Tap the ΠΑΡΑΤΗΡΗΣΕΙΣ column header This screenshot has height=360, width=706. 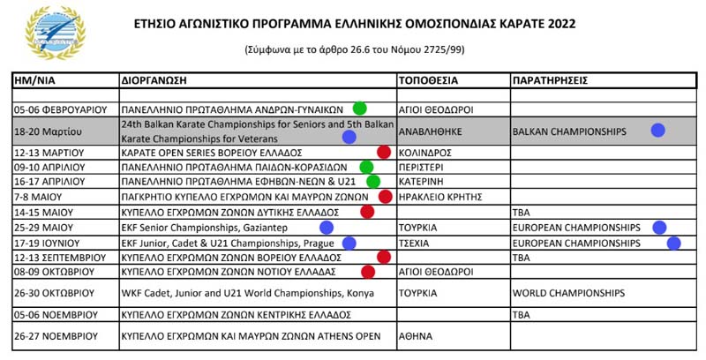[549, 80]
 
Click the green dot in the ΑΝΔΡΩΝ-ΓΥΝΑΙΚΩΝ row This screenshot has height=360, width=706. [360, 109]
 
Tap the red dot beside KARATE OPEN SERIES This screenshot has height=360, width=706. [384, 152]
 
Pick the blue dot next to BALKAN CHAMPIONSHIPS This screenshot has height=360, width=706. [657, 131]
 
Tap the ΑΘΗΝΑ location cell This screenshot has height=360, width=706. [415, 335]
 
